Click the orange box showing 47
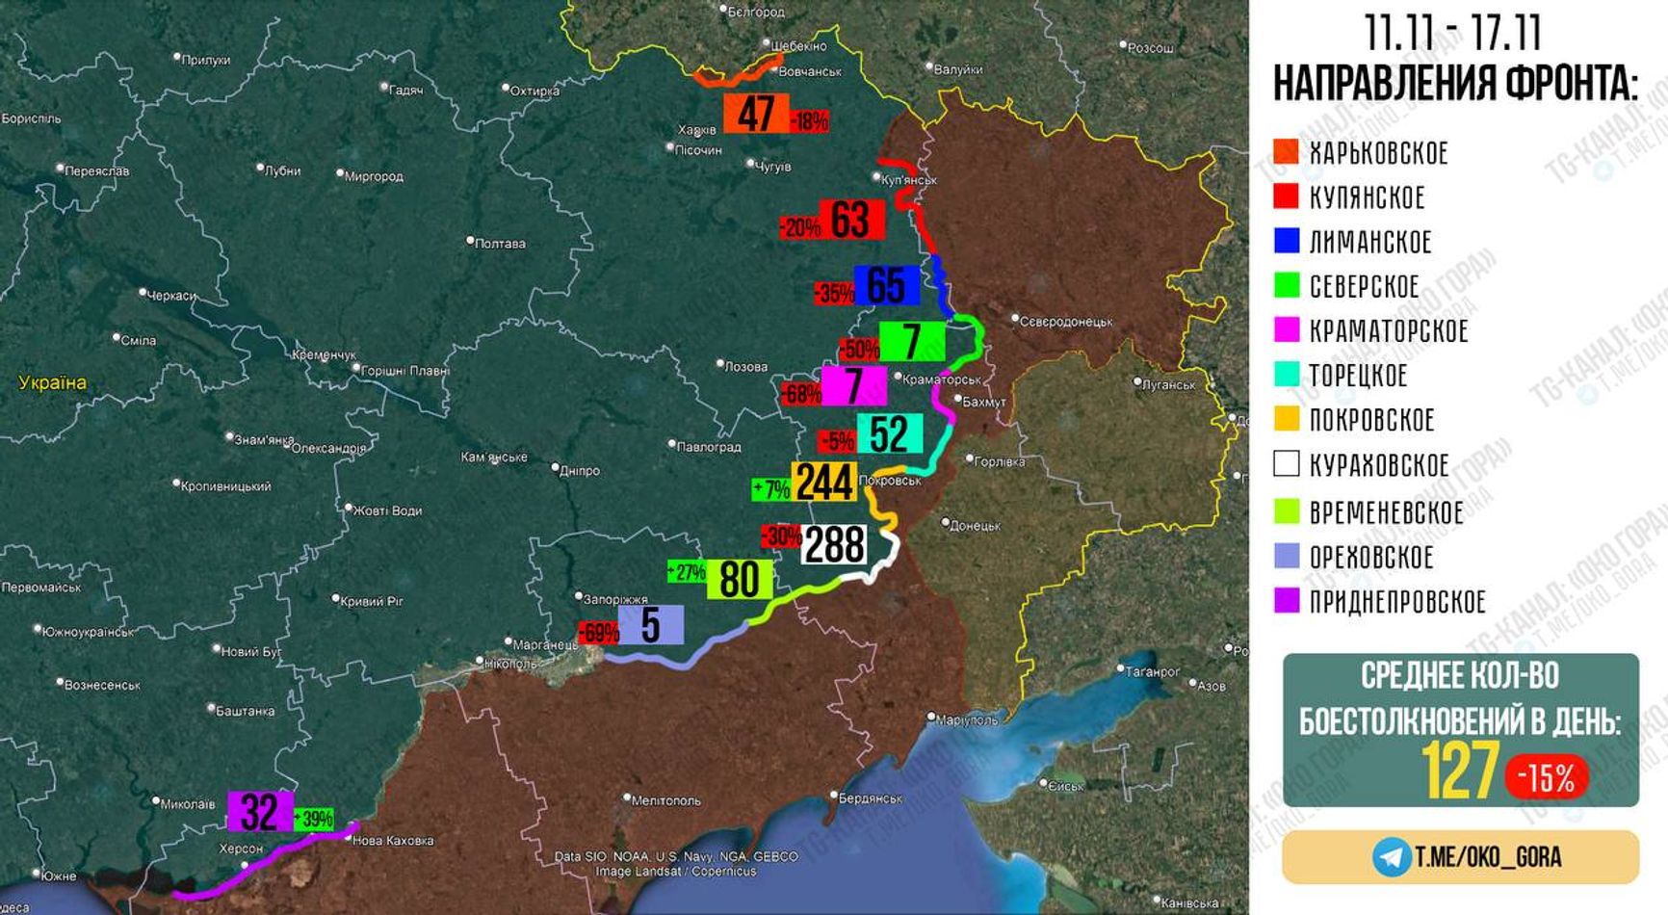tap(756, 114)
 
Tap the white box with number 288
tap(835, 545)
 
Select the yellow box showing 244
tap(824, 483)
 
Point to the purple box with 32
tap(260, 811)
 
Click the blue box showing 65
tap(886, 285)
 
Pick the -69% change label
tap(598, 633)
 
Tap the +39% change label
tap(314, 820)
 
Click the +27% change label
tap(687, 572)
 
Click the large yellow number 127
tap(1460, 771)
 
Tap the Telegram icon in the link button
tap(1392, 856)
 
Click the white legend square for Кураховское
tap(1287, 464)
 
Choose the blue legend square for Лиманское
tap(1287, 241)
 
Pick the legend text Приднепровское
tap(1397, 602)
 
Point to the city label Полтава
tap(500, 244)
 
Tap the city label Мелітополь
tap(665, 800)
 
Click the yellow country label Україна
tap(53, 383)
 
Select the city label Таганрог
tap(1153, 671)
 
